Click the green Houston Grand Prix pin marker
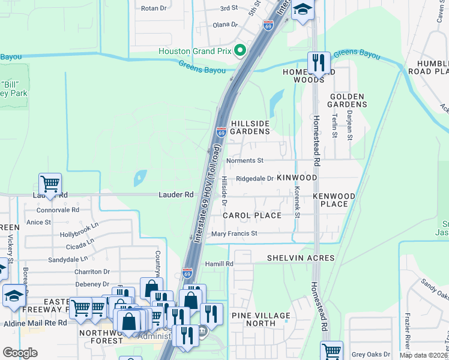point(241,51)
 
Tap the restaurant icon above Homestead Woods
point(318,62)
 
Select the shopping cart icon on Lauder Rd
point(50,184)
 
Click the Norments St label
point(244,161)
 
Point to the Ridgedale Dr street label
point(255,178)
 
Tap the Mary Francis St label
point(234,233)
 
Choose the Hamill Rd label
point(219,263)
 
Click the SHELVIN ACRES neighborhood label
point(301,258)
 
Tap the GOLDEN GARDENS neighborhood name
point(347,100)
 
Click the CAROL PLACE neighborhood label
point(252,215)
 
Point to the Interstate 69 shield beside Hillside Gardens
point(221,132)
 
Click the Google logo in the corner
point(20,353)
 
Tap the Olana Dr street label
point(226,25)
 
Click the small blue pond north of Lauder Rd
point(140,177)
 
